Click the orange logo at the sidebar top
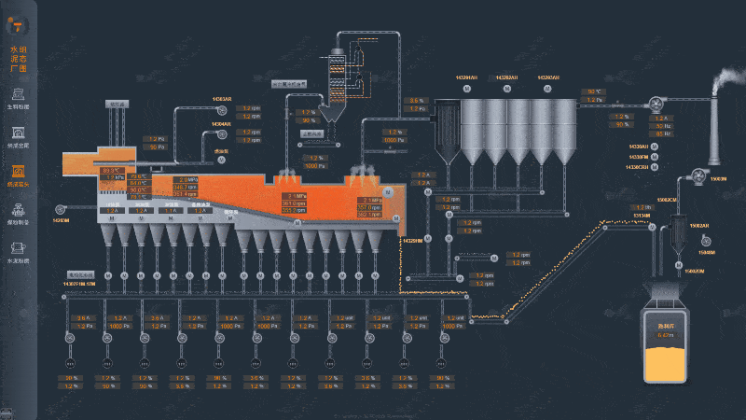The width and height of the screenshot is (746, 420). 19,20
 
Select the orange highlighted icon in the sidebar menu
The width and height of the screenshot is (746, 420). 18,171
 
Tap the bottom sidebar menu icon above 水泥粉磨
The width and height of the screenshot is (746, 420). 18,249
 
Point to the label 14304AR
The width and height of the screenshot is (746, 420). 220,124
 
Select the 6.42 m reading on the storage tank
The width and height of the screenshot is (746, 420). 665,334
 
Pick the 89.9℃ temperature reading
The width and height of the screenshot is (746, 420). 112,171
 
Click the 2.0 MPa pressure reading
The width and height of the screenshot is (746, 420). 186,179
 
